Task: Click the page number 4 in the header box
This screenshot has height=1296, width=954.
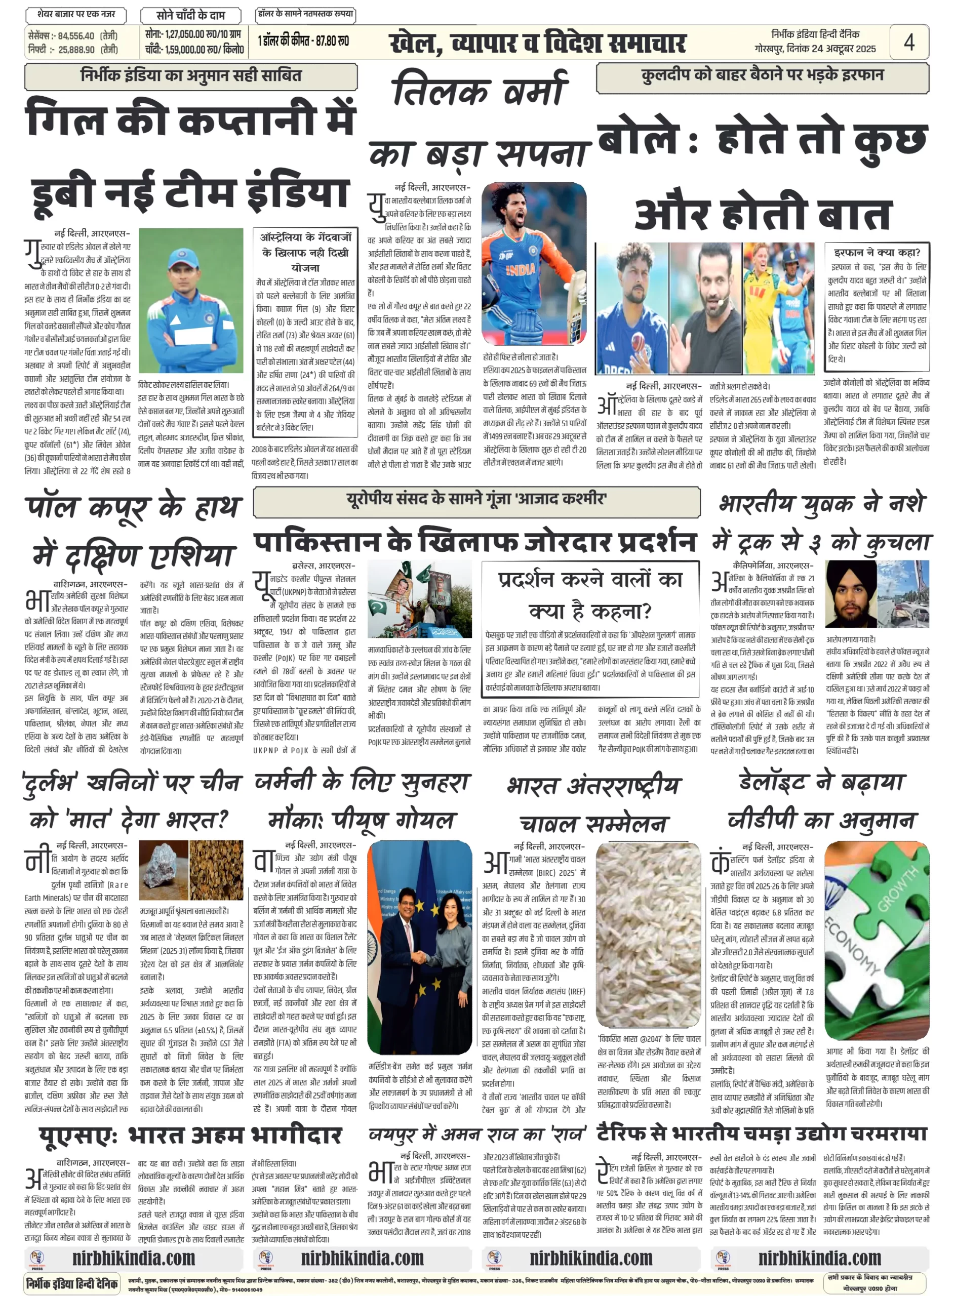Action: (909, 42)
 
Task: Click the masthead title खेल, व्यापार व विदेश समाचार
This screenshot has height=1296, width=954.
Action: (538, 44)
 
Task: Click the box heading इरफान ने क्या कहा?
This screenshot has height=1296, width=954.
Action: (877, 252)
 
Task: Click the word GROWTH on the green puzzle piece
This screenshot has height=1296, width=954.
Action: (897, 889)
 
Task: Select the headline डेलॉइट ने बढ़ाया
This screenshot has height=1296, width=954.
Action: (821, 783)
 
